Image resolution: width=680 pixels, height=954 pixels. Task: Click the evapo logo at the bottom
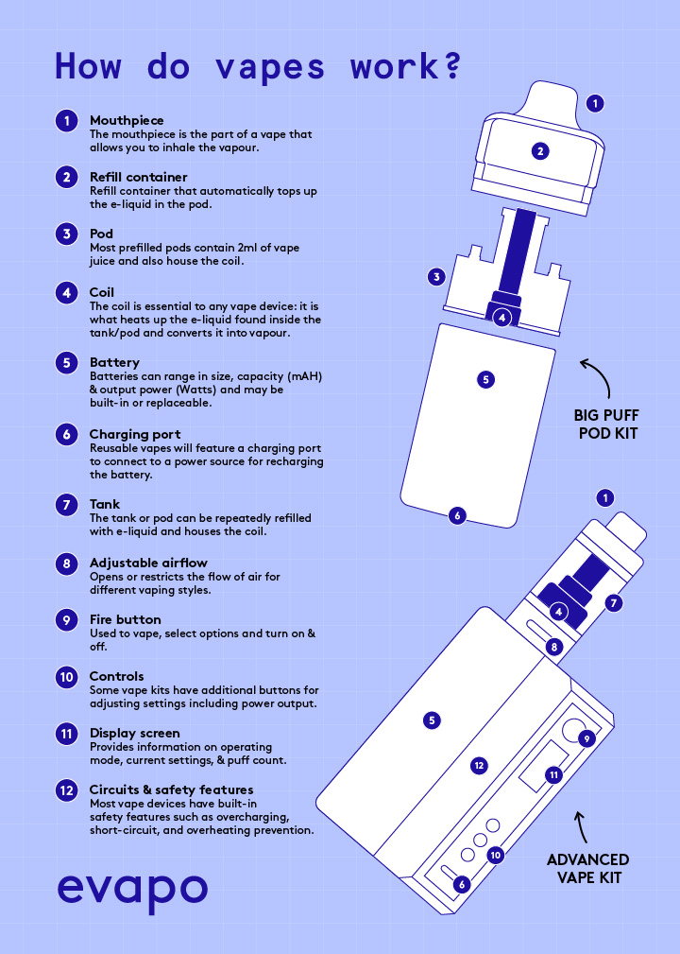(x=131, y=889)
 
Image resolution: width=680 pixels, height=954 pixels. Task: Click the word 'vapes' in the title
(x=270, y=66)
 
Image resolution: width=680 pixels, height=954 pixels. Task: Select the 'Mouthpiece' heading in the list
(x=127, y=120)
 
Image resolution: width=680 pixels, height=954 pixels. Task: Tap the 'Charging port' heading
(x=135, y=434)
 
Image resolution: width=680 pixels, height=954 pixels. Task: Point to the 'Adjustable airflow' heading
(x=148, y=563)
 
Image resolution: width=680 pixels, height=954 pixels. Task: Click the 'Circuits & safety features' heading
(x=171, y=789)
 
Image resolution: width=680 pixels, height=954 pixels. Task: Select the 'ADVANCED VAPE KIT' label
(x=587, y=868)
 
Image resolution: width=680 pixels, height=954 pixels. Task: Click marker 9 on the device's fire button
(x=586, y=738)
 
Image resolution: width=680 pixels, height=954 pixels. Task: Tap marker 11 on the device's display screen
(x=554, y=774)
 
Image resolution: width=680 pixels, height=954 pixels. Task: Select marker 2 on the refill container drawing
(x=540, y=150)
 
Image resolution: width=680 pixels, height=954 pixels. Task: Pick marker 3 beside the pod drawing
(x=436, y=277)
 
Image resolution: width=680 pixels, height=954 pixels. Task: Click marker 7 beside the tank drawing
(x=614, y=602)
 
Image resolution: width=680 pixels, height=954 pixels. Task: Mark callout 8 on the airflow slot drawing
(x=555, y=647)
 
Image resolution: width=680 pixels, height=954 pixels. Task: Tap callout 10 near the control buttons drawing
(x=495, y=854)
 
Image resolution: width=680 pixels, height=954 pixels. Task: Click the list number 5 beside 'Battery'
(x=66, y=362)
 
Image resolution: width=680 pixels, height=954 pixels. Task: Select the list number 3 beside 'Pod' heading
(x=66, y=234)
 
